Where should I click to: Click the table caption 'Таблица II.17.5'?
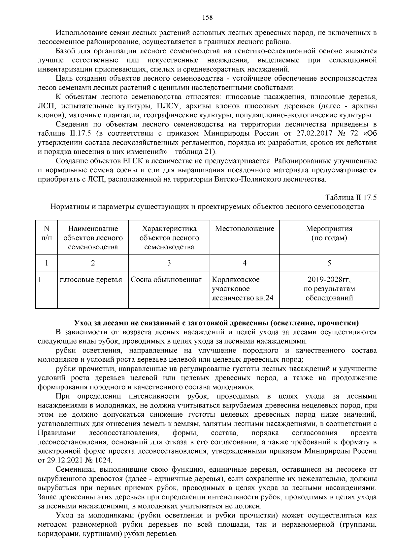coord(351,198)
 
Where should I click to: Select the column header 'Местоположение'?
coord(245,229)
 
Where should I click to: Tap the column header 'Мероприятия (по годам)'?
coord(329,233)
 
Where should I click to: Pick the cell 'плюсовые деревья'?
coord(91,280)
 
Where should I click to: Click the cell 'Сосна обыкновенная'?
coord(166,280)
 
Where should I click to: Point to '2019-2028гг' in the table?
coord(329,280)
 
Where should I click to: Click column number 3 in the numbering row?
coord(169,263)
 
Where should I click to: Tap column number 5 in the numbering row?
coord(329,263)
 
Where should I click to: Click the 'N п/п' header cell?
coord(47,233)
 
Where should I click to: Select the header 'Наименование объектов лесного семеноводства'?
coord(93,238)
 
